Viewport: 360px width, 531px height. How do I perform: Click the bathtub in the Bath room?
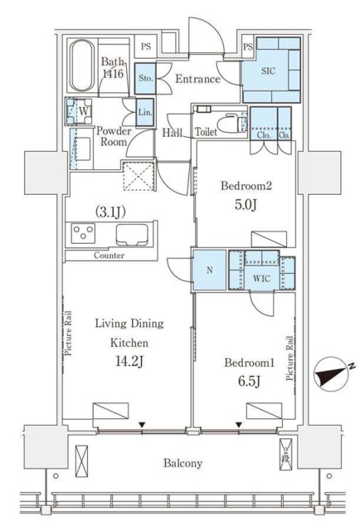pyautogui.click(x=81, y=66)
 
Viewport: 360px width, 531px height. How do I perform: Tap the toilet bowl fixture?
pyautogui.click(x=229, y=124)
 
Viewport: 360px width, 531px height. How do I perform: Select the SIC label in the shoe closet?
pyautogui.click(x=268, y=71)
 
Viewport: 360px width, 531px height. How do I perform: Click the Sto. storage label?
pyautogui.click(x=146, y=78)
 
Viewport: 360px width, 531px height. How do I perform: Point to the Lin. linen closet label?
pyautogui.click(x=145, y=113)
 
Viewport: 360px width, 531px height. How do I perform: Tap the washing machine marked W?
pyautogui.click(x=80, y=111)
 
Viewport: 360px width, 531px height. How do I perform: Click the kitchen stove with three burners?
pyautogui.click(x=83, y=233)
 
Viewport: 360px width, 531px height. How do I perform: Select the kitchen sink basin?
pyautogui.click(x=132, y=234)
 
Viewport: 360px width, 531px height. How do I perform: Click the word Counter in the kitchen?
pyautogui.click(x=109, y=256)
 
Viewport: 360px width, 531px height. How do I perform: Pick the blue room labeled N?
pyautogui.click(x=210, y=270)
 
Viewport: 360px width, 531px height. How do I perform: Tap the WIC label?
pyautogui.click(x=262, y=279)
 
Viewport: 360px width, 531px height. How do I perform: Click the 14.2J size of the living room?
pyautogui.click(x=129, y=362)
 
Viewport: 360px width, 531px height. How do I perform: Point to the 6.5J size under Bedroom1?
pyautogui.click(x=249, y=382)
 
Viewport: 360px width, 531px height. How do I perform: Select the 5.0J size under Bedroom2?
pyautogui.click(x=246, y=205)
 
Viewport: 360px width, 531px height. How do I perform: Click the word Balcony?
pyautogui.click(x=182, y=463)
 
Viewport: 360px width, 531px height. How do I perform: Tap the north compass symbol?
pyautogui.click(x=332, y=374)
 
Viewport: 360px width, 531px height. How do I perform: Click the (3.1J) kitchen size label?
pyautogui.click(x=111, y=212)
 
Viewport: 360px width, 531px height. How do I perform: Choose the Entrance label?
pyautogui.click(x=197, y=80)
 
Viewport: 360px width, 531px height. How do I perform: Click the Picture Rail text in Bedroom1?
pyautogui.click(x=289, y=358)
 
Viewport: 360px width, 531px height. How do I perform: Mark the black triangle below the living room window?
pyautogui.click(x=142, y=424)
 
